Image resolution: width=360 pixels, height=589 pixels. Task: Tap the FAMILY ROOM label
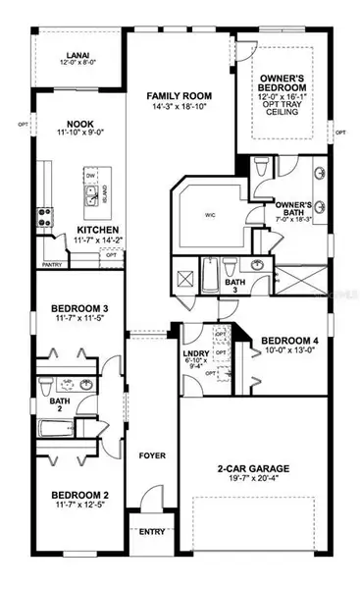[x=180, y=96]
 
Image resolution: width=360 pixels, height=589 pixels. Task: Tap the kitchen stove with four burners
[x=44, y=217]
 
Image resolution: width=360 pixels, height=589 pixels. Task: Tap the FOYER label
[x=151, y=428]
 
